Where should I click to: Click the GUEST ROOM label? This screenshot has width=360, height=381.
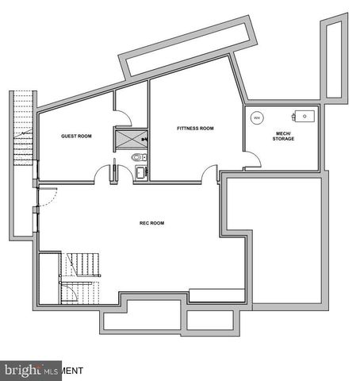tap(77, 137)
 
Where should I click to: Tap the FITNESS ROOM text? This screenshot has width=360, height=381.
tap(195, 129)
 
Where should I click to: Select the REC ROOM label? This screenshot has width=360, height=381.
tap(151, 224)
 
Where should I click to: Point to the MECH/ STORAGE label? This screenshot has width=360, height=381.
tap(282, 137)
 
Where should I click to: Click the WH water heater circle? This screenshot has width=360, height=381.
tap(256, 117)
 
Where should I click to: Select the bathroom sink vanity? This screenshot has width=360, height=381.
tap(140, 171)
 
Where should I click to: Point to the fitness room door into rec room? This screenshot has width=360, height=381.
tap(210, 172)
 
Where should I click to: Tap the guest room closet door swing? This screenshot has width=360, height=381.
tap(121, 116)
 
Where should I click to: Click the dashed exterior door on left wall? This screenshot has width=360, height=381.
tap(45, 198)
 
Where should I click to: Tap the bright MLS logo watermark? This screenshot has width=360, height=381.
tap(31, 370)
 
